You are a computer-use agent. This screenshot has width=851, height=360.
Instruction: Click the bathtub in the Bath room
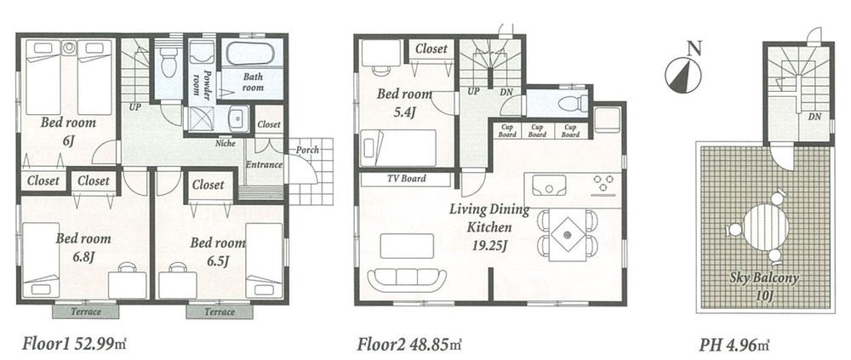tap(247, 55)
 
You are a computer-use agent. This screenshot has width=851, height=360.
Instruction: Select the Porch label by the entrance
tap(308, 152)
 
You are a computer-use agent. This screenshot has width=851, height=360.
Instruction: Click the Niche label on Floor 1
tap(225, 143)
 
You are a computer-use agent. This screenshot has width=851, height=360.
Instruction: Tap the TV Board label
tap(406, 180)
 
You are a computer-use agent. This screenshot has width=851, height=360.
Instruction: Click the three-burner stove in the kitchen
tap(606, 182)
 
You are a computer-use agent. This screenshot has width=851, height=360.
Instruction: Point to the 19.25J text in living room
tap(488, 247)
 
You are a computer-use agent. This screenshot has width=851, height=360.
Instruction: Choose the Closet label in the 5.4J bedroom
tap(431, 49)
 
